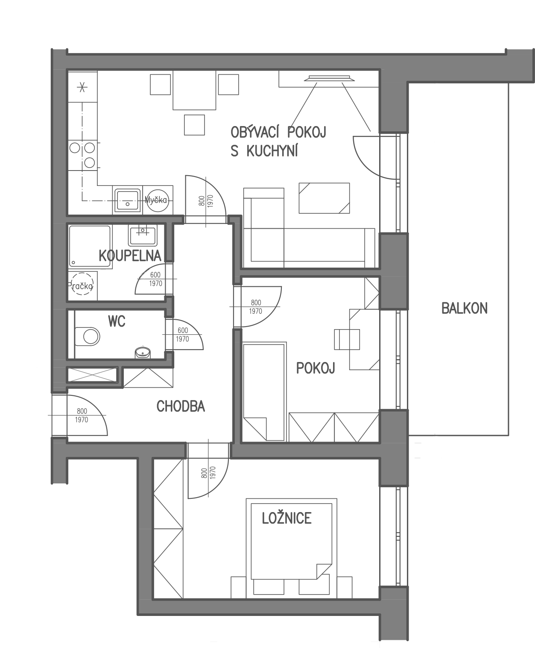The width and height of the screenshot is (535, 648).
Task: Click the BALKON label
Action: [464, 308]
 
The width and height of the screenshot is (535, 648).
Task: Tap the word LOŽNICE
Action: [287, 518]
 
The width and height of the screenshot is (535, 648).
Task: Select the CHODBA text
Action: [181, 406]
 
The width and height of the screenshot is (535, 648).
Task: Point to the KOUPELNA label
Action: [130, 256]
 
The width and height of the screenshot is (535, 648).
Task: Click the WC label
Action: [117, 321]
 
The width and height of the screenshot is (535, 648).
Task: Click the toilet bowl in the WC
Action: [87, 336]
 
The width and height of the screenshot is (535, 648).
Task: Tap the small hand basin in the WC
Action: [143, 353]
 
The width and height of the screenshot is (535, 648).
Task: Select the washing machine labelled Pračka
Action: [82, 284]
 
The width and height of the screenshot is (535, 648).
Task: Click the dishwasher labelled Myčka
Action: [158, 200]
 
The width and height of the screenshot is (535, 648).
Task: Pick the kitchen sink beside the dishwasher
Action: [127, 200]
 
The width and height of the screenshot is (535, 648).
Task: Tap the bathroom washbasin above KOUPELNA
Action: [143, 235]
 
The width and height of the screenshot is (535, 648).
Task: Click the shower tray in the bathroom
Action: [90, 246]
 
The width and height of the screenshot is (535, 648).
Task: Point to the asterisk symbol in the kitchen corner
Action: [82, 87]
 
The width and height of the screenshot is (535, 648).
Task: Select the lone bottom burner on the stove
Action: [90, 162]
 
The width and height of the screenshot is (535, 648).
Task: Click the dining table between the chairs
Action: [194, 90]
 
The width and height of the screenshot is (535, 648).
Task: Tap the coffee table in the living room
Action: [324, 198]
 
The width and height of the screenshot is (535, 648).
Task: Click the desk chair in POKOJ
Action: [347, 339]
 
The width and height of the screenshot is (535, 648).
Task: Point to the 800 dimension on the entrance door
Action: [82, 411]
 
